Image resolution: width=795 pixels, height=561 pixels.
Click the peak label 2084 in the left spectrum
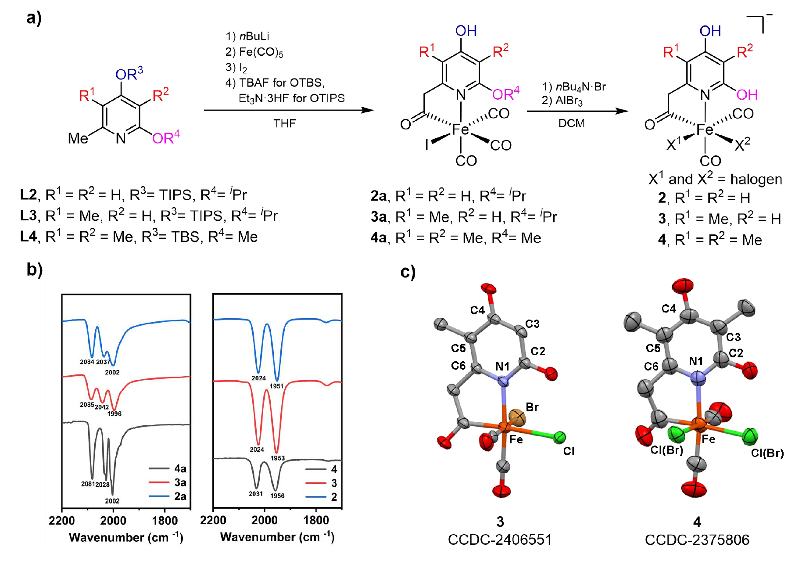point(87,362)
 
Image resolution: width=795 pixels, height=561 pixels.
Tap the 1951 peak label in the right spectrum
point(276,386)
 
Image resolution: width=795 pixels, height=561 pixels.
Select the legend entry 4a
point(180,468)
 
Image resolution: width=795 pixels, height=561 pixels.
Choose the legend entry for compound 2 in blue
point(334,497)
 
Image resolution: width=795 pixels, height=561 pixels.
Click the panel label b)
point(35,270)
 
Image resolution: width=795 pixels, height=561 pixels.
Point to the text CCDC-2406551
point(500,539)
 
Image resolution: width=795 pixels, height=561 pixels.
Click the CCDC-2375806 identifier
point(697,539)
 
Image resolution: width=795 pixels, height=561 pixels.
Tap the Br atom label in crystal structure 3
point(532,407)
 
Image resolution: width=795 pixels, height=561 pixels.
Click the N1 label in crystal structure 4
point(696,361)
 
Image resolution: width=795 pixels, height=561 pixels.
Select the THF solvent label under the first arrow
point(285,123)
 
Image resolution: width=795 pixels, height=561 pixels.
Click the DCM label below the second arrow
point(571,123)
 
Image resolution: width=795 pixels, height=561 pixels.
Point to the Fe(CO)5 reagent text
point(254,52)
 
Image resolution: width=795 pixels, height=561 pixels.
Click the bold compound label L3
point(28,216)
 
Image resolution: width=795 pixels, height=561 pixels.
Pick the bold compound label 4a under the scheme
point(379,238)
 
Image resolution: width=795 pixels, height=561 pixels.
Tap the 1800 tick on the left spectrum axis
point(165,521)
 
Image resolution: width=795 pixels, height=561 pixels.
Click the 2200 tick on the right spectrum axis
point(213,521)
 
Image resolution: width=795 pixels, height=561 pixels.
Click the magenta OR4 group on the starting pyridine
point(166,138)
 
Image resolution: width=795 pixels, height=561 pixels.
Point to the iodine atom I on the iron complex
point(426,144)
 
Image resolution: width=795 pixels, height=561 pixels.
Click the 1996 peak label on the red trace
point(115,414)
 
